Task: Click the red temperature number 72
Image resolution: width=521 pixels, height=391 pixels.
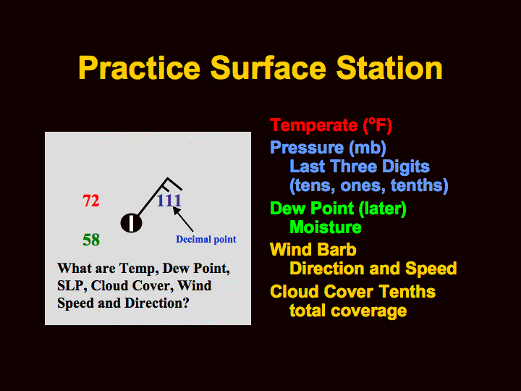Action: point(91,201)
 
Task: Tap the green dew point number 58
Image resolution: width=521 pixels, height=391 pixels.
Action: point(91,240)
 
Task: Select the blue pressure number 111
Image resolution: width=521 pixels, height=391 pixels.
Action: point(169,200)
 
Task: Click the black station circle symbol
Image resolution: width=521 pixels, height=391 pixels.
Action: point(131,223)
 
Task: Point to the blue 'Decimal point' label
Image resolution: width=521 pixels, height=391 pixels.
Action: point(206,239)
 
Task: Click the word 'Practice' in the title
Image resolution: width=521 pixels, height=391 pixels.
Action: point(139,68)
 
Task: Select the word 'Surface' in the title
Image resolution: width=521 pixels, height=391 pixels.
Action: point(268,68)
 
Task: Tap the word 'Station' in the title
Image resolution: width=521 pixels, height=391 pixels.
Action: point(389,68)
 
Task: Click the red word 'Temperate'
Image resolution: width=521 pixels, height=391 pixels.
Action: point(313,125)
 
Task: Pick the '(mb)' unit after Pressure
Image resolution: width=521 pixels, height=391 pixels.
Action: point(368,147)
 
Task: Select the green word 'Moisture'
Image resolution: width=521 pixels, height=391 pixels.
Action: point(326,227)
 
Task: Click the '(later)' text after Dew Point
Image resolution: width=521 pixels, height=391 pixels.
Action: point(383,209)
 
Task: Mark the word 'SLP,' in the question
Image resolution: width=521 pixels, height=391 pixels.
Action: point(72,285)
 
